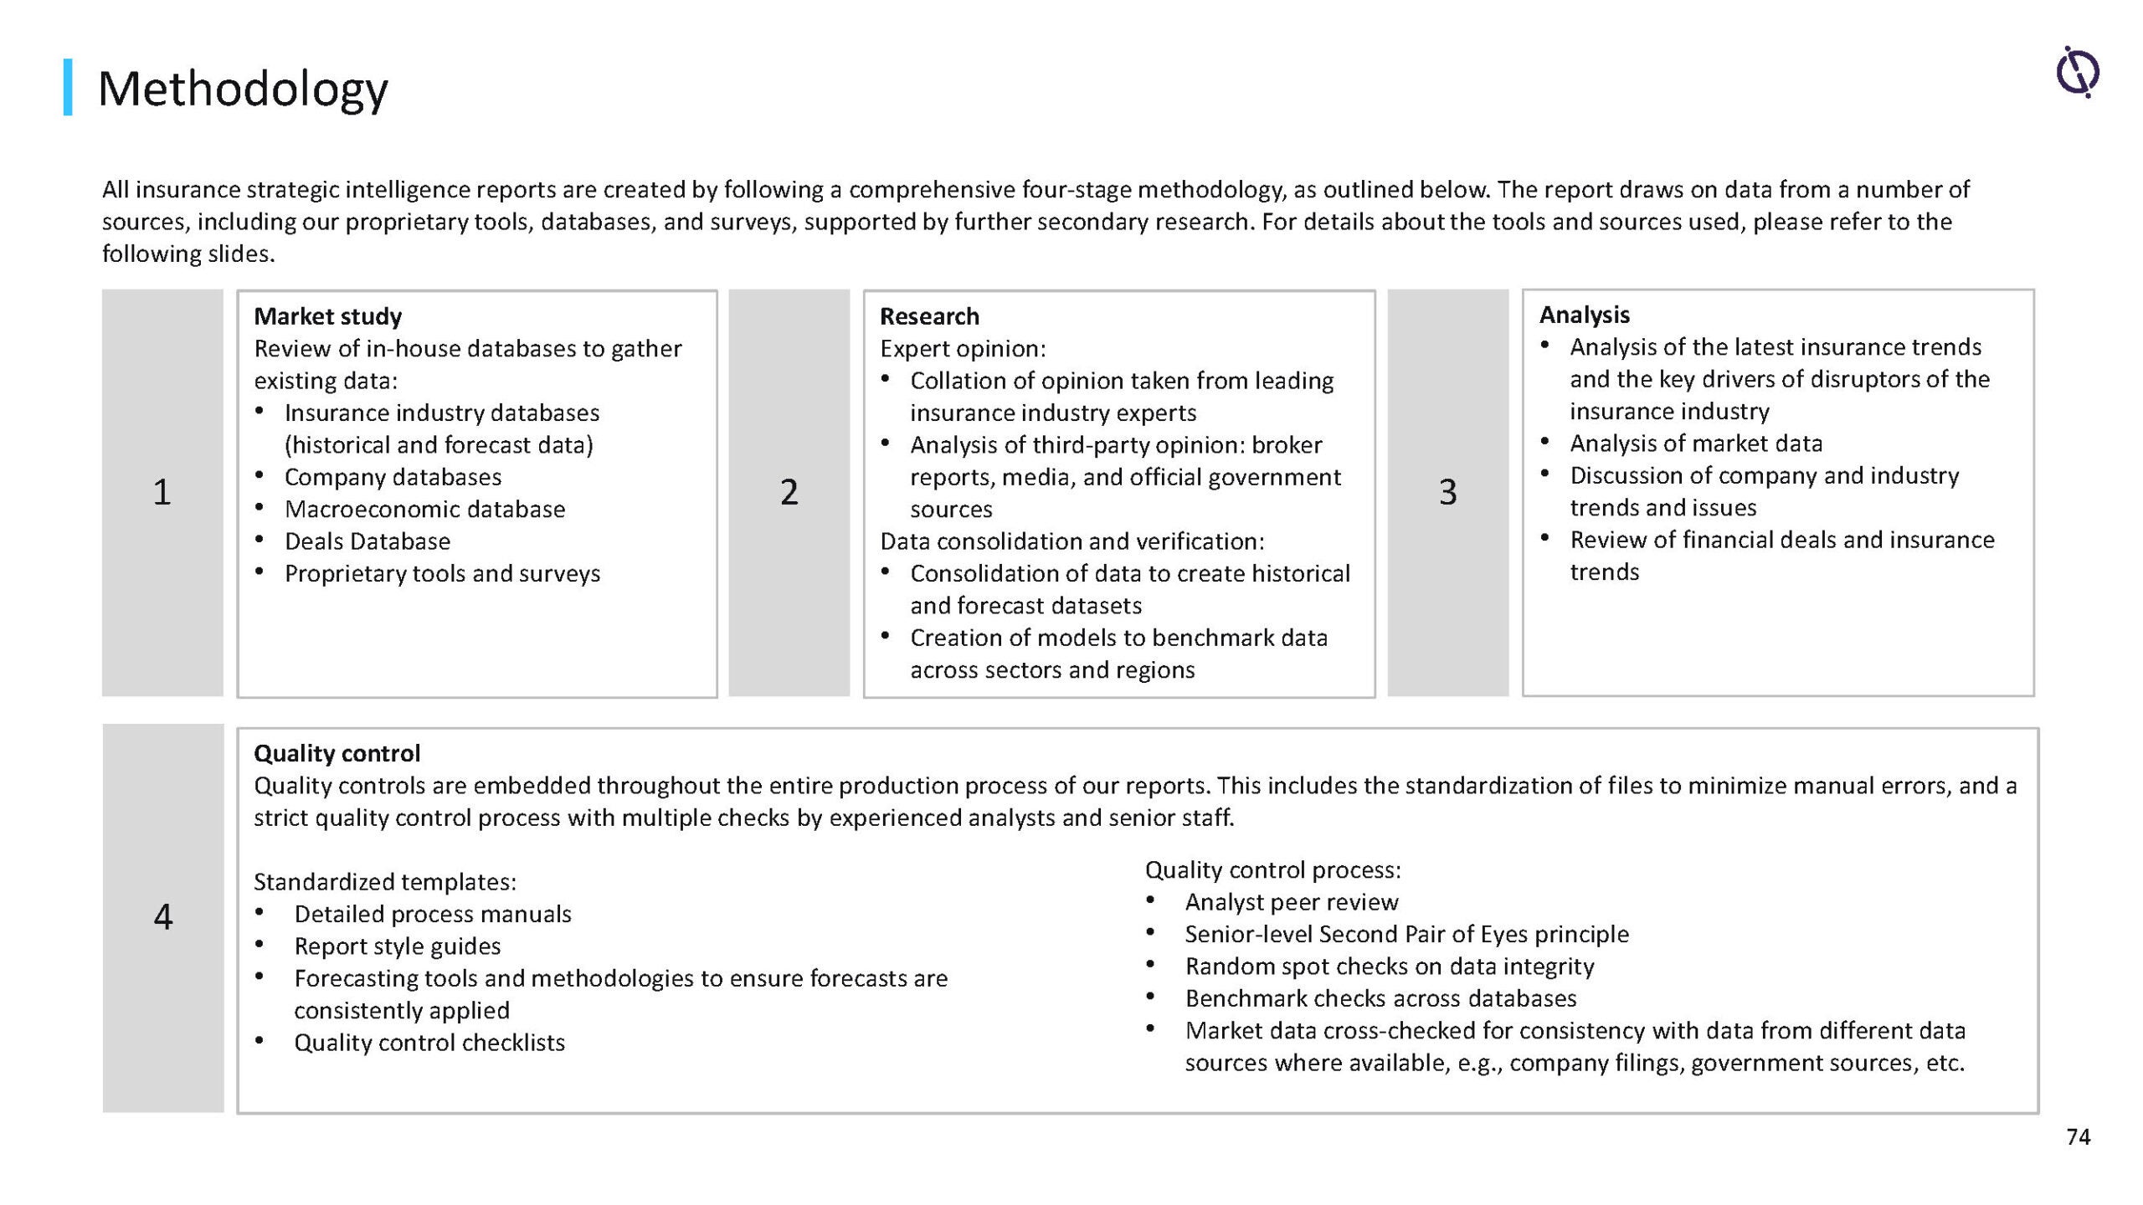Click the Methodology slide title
tap(243, 89)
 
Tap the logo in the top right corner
tap(2078, 72)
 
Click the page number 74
tap(2078, 1136)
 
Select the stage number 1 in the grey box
tap(162, 492)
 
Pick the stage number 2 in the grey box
tap(789, 492)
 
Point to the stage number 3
tap(1447, 492)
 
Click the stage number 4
tap(163, 917)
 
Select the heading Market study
tap(327, 316)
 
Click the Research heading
tap(929, 316)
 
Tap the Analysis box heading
tap(1584, 315)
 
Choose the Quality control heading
tap(337, 753)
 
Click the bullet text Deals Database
tap(367, 541)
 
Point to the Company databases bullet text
tap(393, 477)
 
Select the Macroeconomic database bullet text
tap(424, 510)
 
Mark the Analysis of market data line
tap(1695, 444)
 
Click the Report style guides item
tap(397, 946)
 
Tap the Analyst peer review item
tap(1291, 902)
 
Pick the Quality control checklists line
tap(429, 1043)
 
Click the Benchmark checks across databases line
tap(1380, 998)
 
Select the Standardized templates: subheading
tap(385, 882)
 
